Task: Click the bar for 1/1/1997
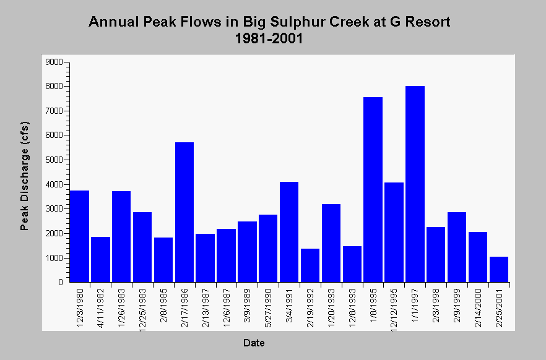[415, 184]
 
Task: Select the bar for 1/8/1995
[373, 189]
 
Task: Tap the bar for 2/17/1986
[184, 212]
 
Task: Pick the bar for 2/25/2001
[499, 269]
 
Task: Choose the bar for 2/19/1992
[310, 265]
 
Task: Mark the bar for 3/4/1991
[289, 232]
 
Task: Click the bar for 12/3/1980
[79, 236]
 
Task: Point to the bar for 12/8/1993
[352, 264]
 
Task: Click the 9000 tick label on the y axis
[54, 62]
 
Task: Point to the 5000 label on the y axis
[54, 160]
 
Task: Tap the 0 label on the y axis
[61, 283]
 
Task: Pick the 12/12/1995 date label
[394, 310]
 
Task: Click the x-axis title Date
[254, 343]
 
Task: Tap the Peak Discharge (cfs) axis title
[24, 176]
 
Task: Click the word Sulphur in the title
[298, 22]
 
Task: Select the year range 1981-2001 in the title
[269, 38]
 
